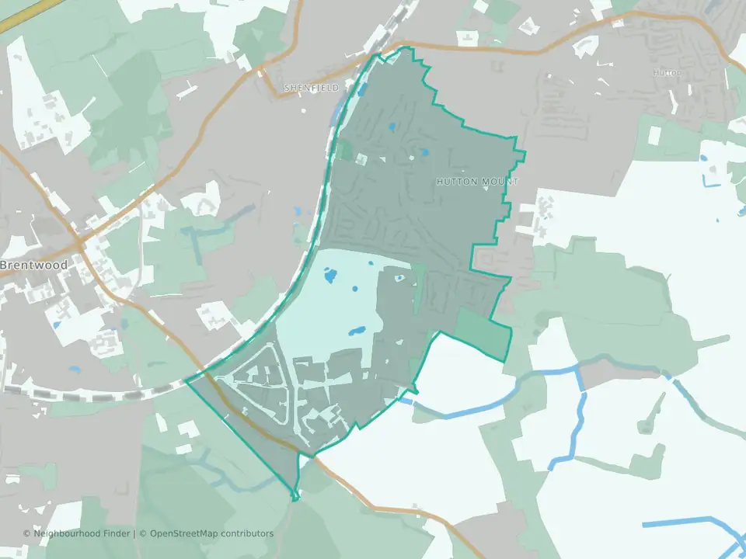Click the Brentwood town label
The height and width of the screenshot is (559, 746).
[x=34, y=265]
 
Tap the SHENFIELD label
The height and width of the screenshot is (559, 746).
[x=311, y=89]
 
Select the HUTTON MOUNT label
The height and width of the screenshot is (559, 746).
[x=476, y=182]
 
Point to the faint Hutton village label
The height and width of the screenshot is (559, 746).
[x=667, y=72]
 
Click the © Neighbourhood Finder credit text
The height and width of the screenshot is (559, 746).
[x=78, y=533]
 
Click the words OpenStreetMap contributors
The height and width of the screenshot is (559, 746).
[x=211, y=533]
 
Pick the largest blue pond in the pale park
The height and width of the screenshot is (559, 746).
[x=329, y=275]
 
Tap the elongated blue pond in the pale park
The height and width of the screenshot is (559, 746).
[x=360, y=332]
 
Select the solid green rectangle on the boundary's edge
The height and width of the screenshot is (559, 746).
[x=483, y=333]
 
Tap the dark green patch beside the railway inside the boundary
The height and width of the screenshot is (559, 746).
[x=344, y=150]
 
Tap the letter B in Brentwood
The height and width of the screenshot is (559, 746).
[x=4, y=265]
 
